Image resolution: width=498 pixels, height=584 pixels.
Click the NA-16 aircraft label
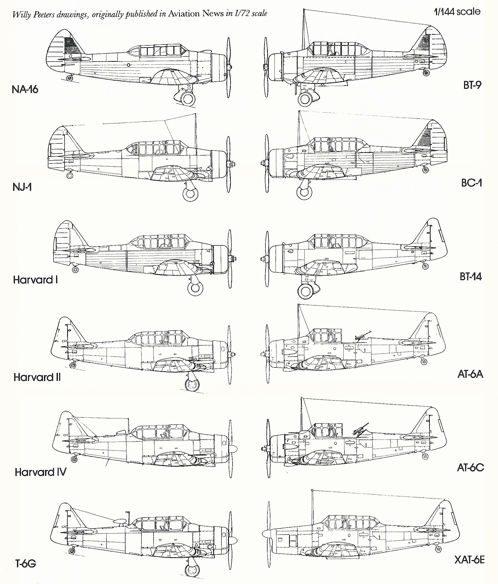[25, 90]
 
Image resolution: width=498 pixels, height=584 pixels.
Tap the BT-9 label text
[472, 85]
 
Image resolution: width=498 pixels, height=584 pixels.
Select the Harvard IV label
[41, 472]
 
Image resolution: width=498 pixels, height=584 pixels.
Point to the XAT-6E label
[469, 560]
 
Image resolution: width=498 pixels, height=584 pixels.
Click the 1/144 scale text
[457, 12]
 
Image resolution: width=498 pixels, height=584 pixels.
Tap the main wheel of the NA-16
[187, 99]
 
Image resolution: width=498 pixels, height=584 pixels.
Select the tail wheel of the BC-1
[425, 170]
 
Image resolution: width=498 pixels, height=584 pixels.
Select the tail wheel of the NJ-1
[69, 175]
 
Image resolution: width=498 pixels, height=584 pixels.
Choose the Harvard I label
[35, 280]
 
